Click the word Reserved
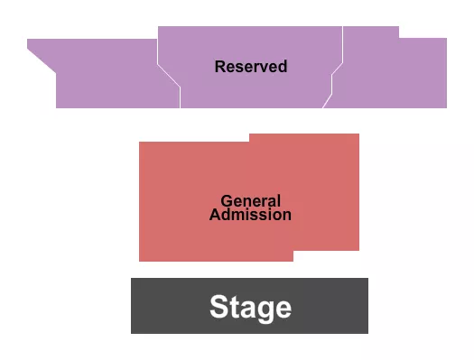(251, 67)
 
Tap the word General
(250, 201)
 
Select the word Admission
(250, 215)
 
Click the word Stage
(250, 308)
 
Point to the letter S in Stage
(218, 308)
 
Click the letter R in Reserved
(219, 67)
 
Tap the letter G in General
(226, 201)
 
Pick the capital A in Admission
(214, 215)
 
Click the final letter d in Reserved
(283, 67)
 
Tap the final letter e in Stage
(283, 309)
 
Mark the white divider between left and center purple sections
(169, 76)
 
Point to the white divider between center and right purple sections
(334, 78)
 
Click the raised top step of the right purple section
(370, 32)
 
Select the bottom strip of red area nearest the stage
(217, 256)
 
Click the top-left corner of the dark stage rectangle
(133, 280)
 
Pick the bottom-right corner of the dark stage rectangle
(367, 332)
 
